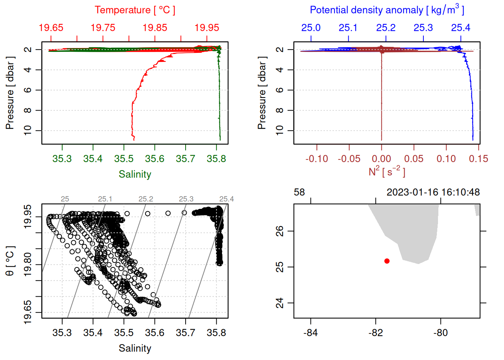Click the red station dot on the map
coord(387,261)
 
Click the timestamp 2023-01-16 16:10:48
coord(433,192)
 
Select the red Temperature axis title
coord(135,10)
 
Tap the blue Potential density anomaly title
coord(387,10)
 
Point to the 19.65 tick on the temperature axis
coord(51,28)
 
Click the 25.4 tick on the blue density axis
coord(460,28)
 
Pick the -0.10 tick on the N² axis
coord(317,159)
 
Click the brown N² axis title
coord(387,172)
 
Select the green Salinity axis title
coord(135,174)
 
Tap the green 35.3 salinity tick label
coord(62,159)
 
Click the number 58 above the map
coord(299,192)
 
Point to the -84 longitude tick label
coord(310,333)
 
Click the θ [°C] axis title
coord(10,261)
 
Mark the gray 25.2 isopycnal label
coord(145,199)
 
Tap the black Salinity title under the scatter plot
coord(135,348)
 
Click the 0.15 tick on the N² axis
coord(478,159)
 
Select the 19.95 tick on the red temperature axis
coord(207,28)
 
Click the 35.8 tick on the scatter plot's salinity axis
coord(216,333)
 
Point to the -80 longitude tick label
coord(440,333)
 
